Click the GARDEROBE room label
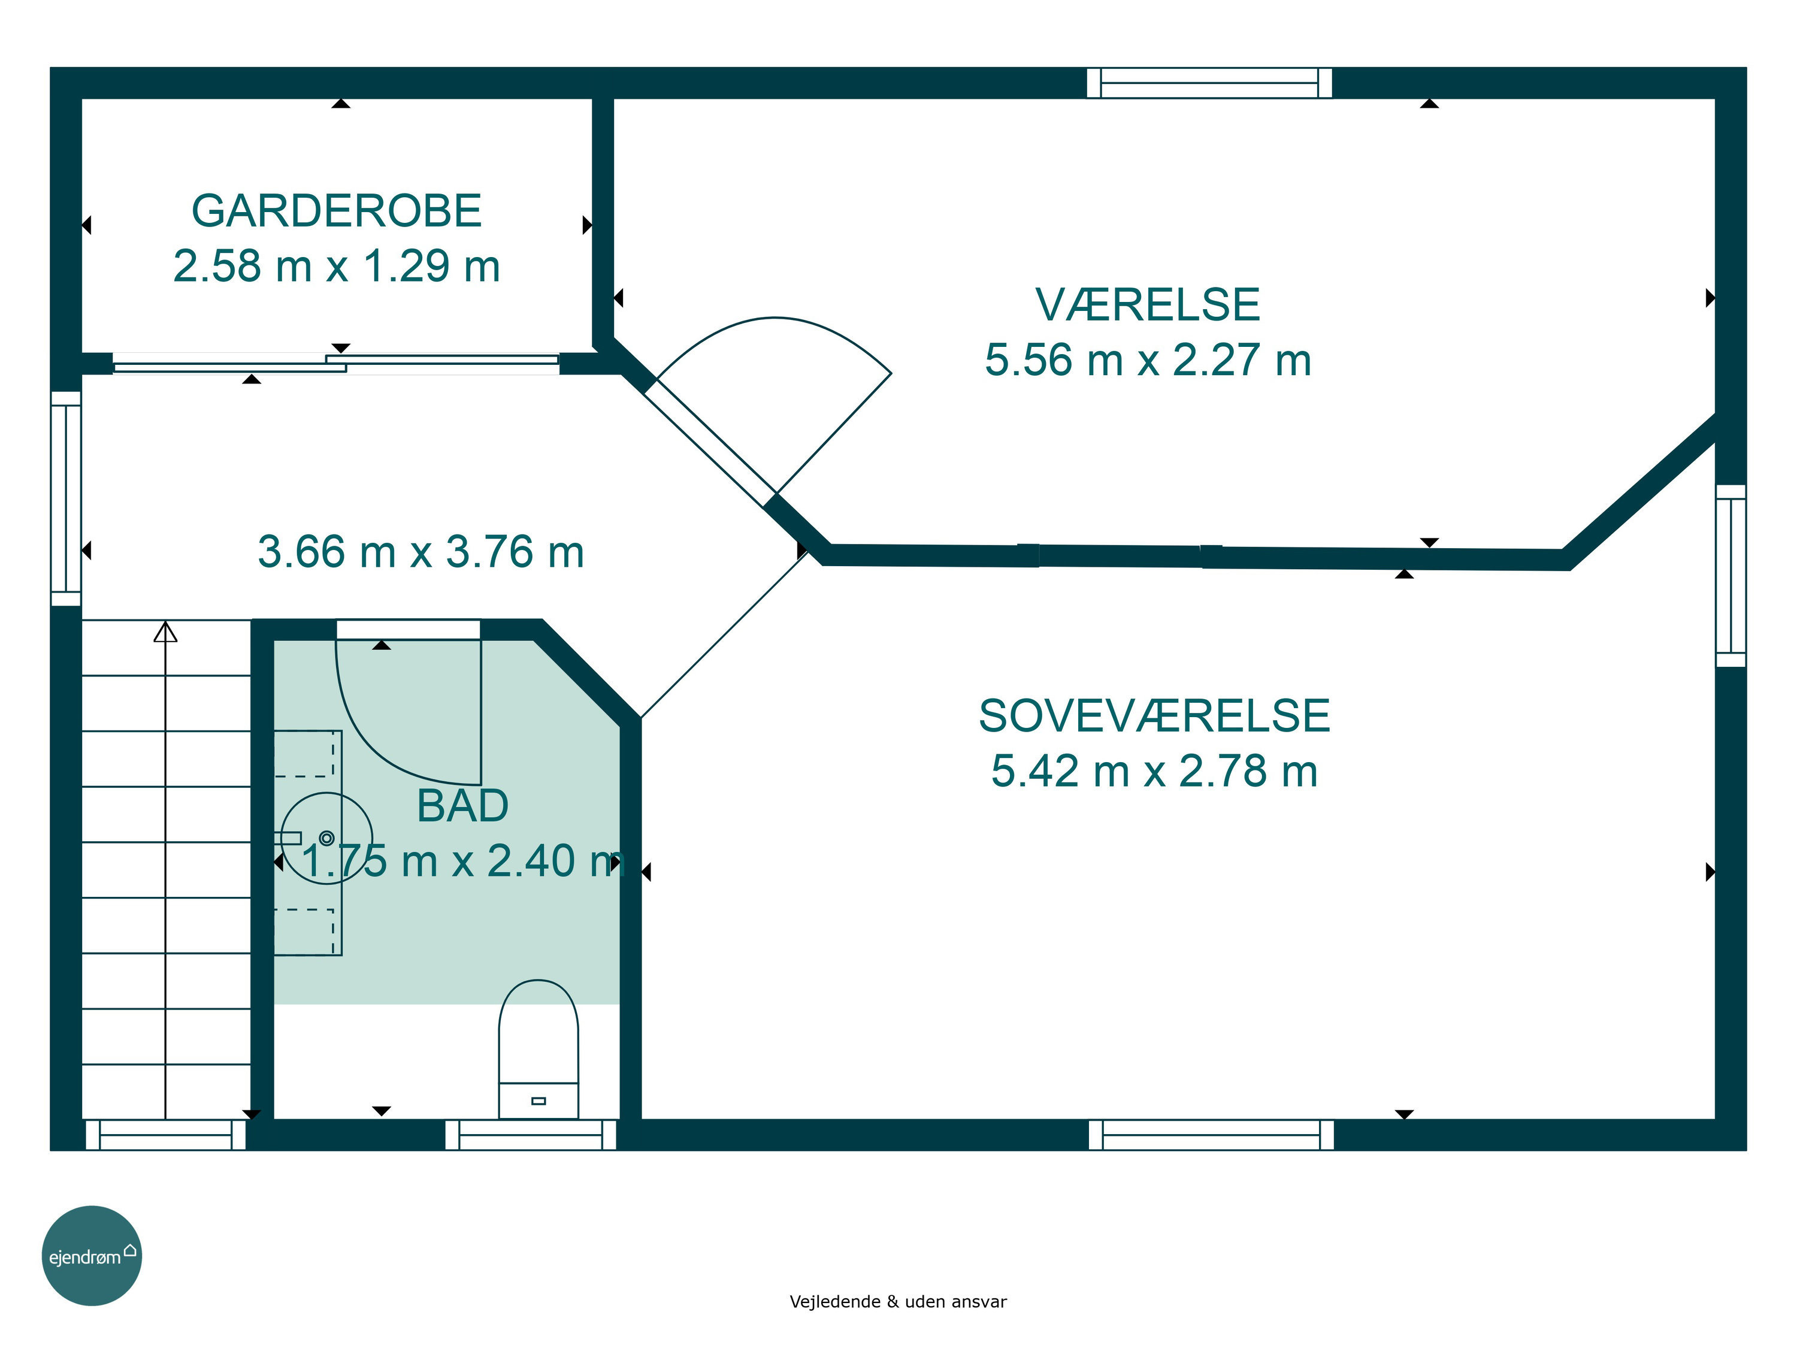(x=336, y=211)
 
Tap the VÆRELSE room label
(x=1147, y=306)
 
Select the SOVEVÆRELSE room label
(x=1154, y=717)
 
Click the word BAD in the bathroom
(x=462, y=806)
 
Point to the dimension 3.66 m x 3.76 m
(x=421, y=552)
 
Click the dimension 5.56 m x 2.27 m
(x=1148, y=360)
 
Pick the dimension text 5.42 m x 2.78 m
(x=1154, y=771)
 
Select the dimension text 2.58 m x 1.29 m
(x=336, y=265)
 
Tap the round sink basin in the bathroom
(x=326, y=838)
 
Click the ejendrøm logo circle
(x=92, y=1255)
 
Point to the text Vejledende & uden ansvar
(x=898, y=1302)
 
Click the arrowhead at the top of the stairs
(x=166, y=631)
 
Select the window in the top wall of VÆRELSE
(x=1209, y=83)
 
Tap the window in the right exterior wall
(x=1731, y=576)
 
